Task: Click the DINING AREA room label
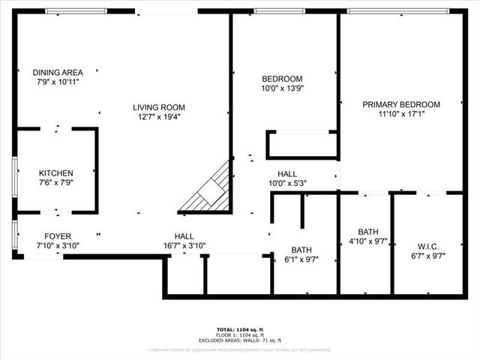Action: click(58, 72)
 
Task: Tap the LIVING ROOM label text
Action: click(159, 107)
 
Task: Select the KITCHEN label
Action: click(56, 172)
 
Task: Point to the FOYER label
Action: click(58, 235)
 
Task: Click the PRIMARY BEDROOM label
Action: click(401, 104)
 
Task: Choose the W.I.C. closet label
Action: click(427, 246)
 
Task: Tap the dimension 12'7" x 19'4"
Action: click(159, 117)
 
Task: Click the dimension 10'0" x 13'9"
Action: click(282, 88)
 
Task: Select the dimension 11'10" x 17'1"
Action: click(401, 114)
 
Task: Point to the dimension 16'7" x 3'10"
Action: click(184, 245)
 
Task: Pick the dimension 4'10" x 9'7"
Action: click(367, 241)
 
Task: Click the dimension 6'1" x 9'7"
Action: click(301, 259)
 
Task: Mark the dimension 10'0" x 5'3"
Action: click(287, 183)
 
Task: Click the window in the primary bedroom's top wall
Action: click(397, 11)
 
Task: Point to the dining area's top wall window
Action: click(76, 11)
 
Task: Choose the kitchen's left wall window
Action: click(14, 177)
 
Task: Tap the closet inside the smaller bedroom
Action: click(301, 144)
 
